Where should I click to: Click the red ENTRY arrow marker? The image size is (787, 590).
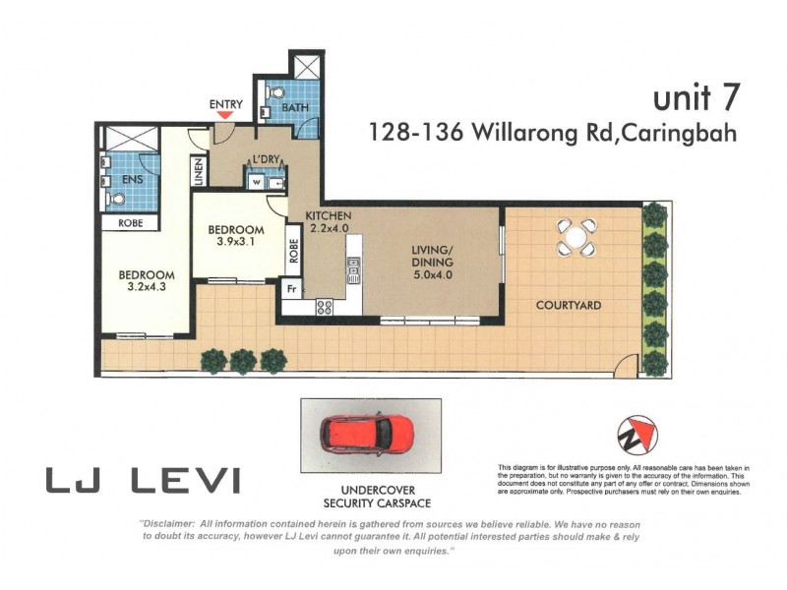pyautogui.click(x=225, y=115)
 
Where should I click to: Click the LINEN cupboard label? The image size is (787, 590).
pyautogui.click(x=198, y=171)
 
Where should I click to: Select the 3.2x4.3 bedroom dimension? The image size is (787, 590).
pyautogui.click(x=147, y=288)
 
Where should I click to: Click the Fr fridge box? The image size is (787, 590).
pyautogui.click(x=291, y=290)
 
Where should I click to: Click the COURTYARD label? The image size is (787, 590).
pyautogui.click(x=569, y=305)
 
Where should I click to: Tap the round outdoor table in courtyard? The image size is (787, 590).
pyautogui.click(x=575, y=237)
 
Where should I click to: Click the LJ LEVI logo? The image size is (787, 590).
pyautogui.click(x=143, y=481)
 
